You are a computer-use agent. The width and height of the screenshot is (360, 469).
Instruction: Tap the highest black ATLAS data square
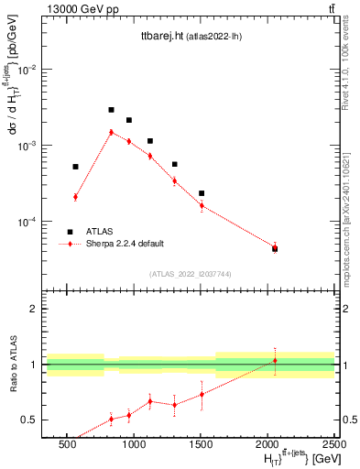click(111, 110)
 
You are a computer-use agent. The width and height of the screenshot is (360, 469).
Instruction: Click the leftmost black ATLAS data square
click(75, 167)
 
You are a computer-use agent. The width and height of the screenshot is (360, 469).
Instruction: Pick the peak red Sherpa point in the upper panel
click(111, 132)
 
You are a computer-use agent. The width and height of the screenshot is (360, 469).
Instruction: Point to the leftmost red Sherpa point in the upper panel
click(75, 197)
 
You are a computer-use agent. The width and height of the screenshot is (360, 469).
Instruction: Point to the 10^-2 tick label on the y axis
click(30, 70)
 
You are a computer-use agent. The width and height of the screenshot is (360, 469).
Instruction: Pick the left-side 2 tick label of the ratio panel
click(34, 310)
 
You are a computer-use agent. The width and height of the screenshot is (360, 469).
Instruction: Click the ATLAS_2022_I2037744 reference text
click(189, 274)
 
